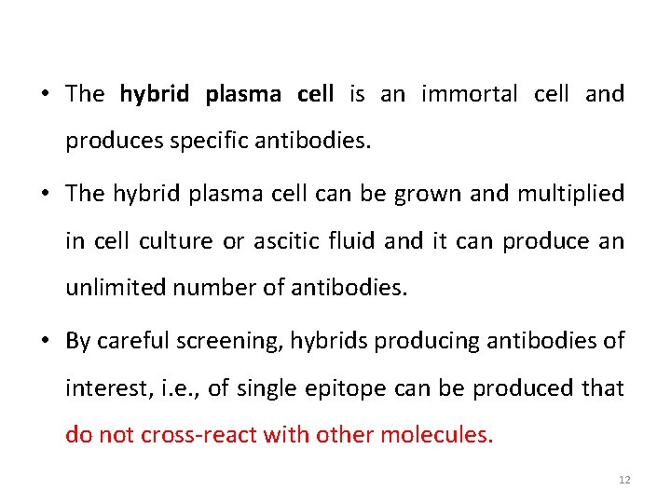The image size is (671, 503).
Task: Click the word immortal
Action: pos(470,94)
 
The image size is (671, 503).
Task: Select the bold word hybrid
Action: pos(155,94)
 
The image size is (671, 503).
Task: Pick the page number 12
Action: pos(624,480)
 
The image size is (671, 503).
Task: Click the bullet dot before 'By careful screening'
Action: pos(46,340)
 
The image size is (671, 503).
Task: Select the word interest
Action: pos(101,388)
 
